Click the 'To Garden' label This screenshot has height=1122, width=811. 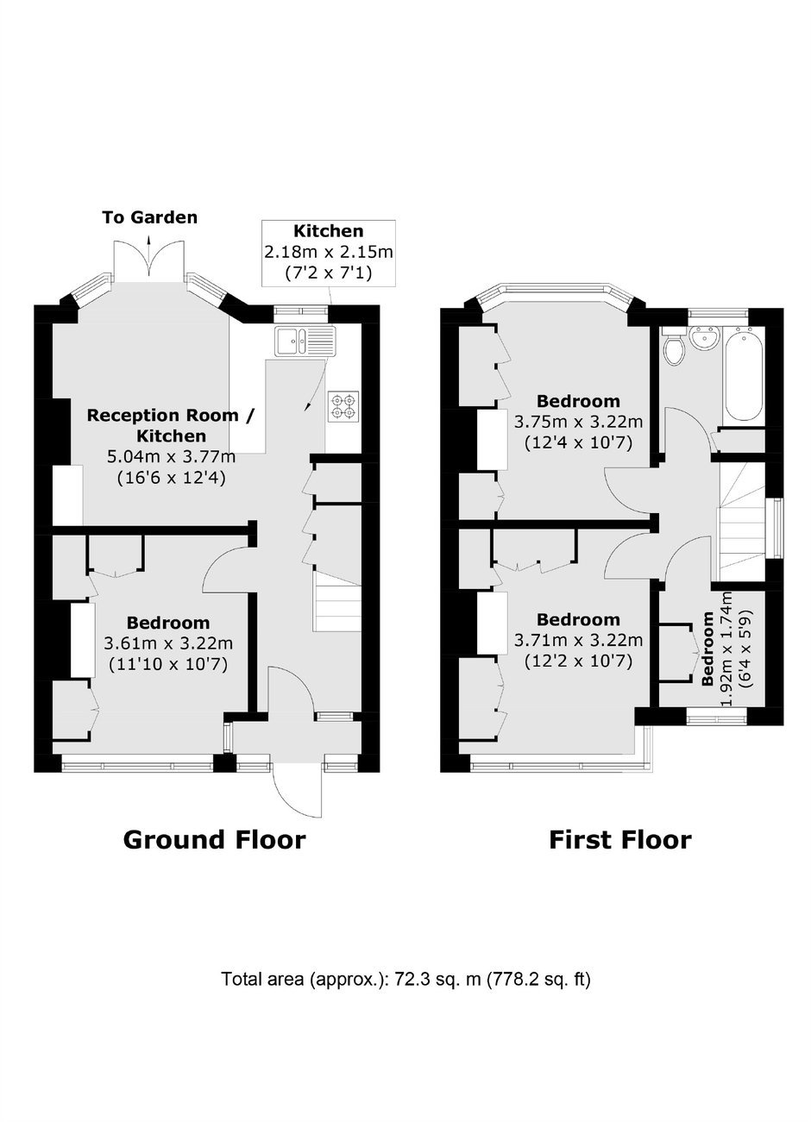(x=149, y=217)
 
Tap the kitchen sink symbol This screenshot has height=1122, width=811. (x=304, y=341)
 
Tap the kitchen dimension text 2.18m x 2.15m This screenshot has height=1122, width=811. (x=329, y=252)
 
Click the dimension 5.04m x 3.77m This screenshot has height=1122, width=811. (x=172, y=457)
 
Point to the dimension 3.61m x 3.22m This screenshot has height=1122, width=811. (x=168, y=643)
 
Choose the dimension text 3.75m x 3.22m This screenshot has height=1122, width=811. (x=578, y=422)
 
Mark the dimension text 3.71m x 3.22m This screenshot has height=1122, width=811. (x=578, y=640)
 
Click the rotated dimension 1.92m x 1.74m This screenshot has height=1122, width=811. (x=726, y=649)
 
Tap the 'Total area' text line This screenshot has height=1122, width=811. (x=406, y=979)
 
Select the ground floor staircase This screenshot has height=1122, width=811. (x=337, y=600)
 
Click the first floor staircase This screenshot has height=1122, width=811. (x=742, y=522)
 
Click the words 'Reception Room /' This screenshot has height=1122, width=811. (x=171, y=415)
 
